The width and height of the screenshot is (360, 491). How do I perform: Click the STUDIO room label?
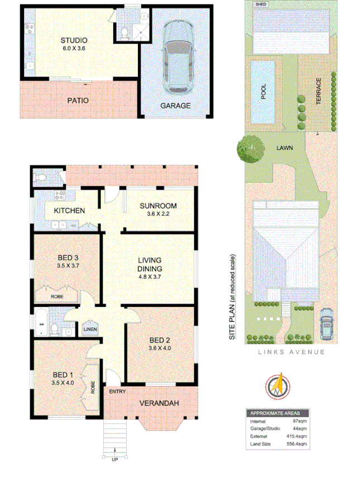tap(74, 40)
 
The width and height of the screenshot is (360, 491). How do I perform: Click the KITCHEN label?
tap(69, 210)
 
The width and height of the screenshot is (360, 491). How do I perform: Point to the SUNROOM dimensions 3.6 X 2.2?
tap(158, 214)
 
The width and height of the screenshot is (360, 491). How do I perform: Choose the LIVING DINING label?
tap(150, 264)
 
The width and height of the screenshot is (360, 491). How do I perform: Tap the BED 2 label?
tap(160, 340)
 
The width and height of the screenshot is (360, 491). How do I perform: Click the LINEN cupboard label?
tap(90, 329)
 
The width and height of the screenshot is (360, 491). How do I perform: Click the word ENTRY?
tap(117, 392)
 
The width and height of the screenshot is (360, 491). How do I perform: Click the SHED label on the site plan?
tap(260, 4)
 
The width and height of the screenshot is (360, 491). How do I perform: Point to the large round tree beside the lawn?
tap(246, 150)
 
